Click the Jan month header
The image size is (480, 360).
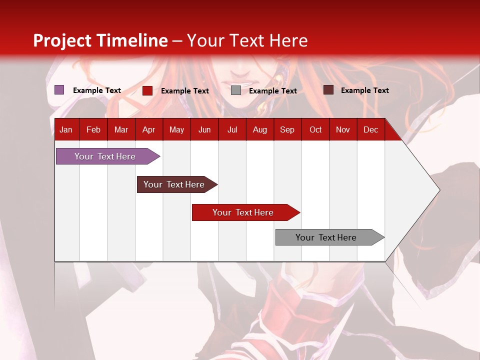[x=66, y=130]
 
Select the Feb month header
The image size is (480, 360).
[x=93, y=130]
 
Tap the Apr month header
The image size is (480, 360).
[x=148, y=130]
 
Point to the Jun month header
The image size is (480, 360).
[x=204, y=130]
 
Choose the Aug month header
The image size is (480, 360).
[x=259, y=130]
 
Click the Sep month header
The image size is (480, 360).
[x=287, y=130]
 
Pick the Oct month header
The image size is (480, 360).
[x=315, y=130]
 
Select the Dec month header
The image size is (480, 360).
[x=370, y=130]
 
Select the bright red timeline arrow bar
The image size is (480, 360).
[x=243, y=212]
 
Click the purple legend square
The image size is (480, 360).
[x=59, y=90]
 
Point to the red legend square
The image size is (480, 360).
[x=147, y=90]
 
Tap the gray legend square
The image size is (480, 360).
[x=236, y=90]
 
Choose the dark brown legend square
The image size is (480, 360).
[x=328, y=90]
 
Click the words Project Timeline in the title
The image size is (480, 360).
[x=100, y=40]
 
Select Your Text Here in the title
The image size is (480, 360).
[x=247, y=40]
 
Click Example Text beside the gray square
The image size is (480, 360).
[x=272, y=91]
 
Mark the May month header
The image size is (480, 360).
[x=176, y=130]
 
